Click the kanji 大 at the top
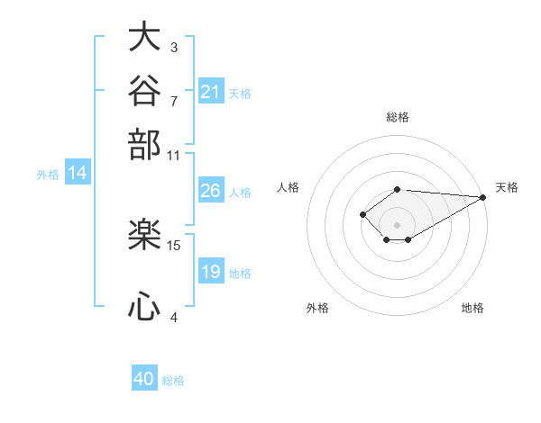(144, 36)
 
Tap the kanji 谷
(144, 90)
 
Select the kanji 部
(144, 145)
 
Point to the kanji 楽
(144, 234)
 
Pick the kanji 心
(144, 306)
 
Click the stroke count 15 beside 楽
(173, 246)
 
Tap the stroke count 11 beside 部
(173, 156)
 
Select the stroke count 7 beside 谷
(174, 102)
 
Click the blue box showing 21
(211, 91)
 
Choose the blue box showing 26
(211, 190)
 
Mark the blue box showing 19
(211, 270)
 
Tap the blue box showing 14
(78, 172)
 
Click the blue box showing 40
(144, 377)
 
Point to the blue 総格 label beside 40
(173, 381)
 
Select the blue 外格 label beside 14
(48, 175)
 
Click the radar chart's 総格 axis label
(398, 117)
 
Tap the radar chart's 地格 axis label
(472, 308)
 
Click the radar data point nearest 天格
(483, 197)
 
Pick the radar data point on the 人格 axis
(362, 214)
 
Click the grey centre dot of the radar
(397, 225)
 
